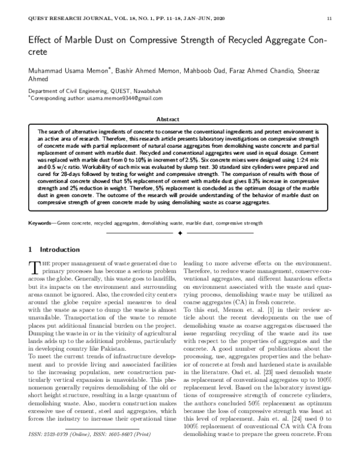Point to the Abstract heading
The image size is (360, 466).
tap(179, 120)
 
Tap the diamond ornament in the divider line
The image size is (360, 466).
tap(180, 232)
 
